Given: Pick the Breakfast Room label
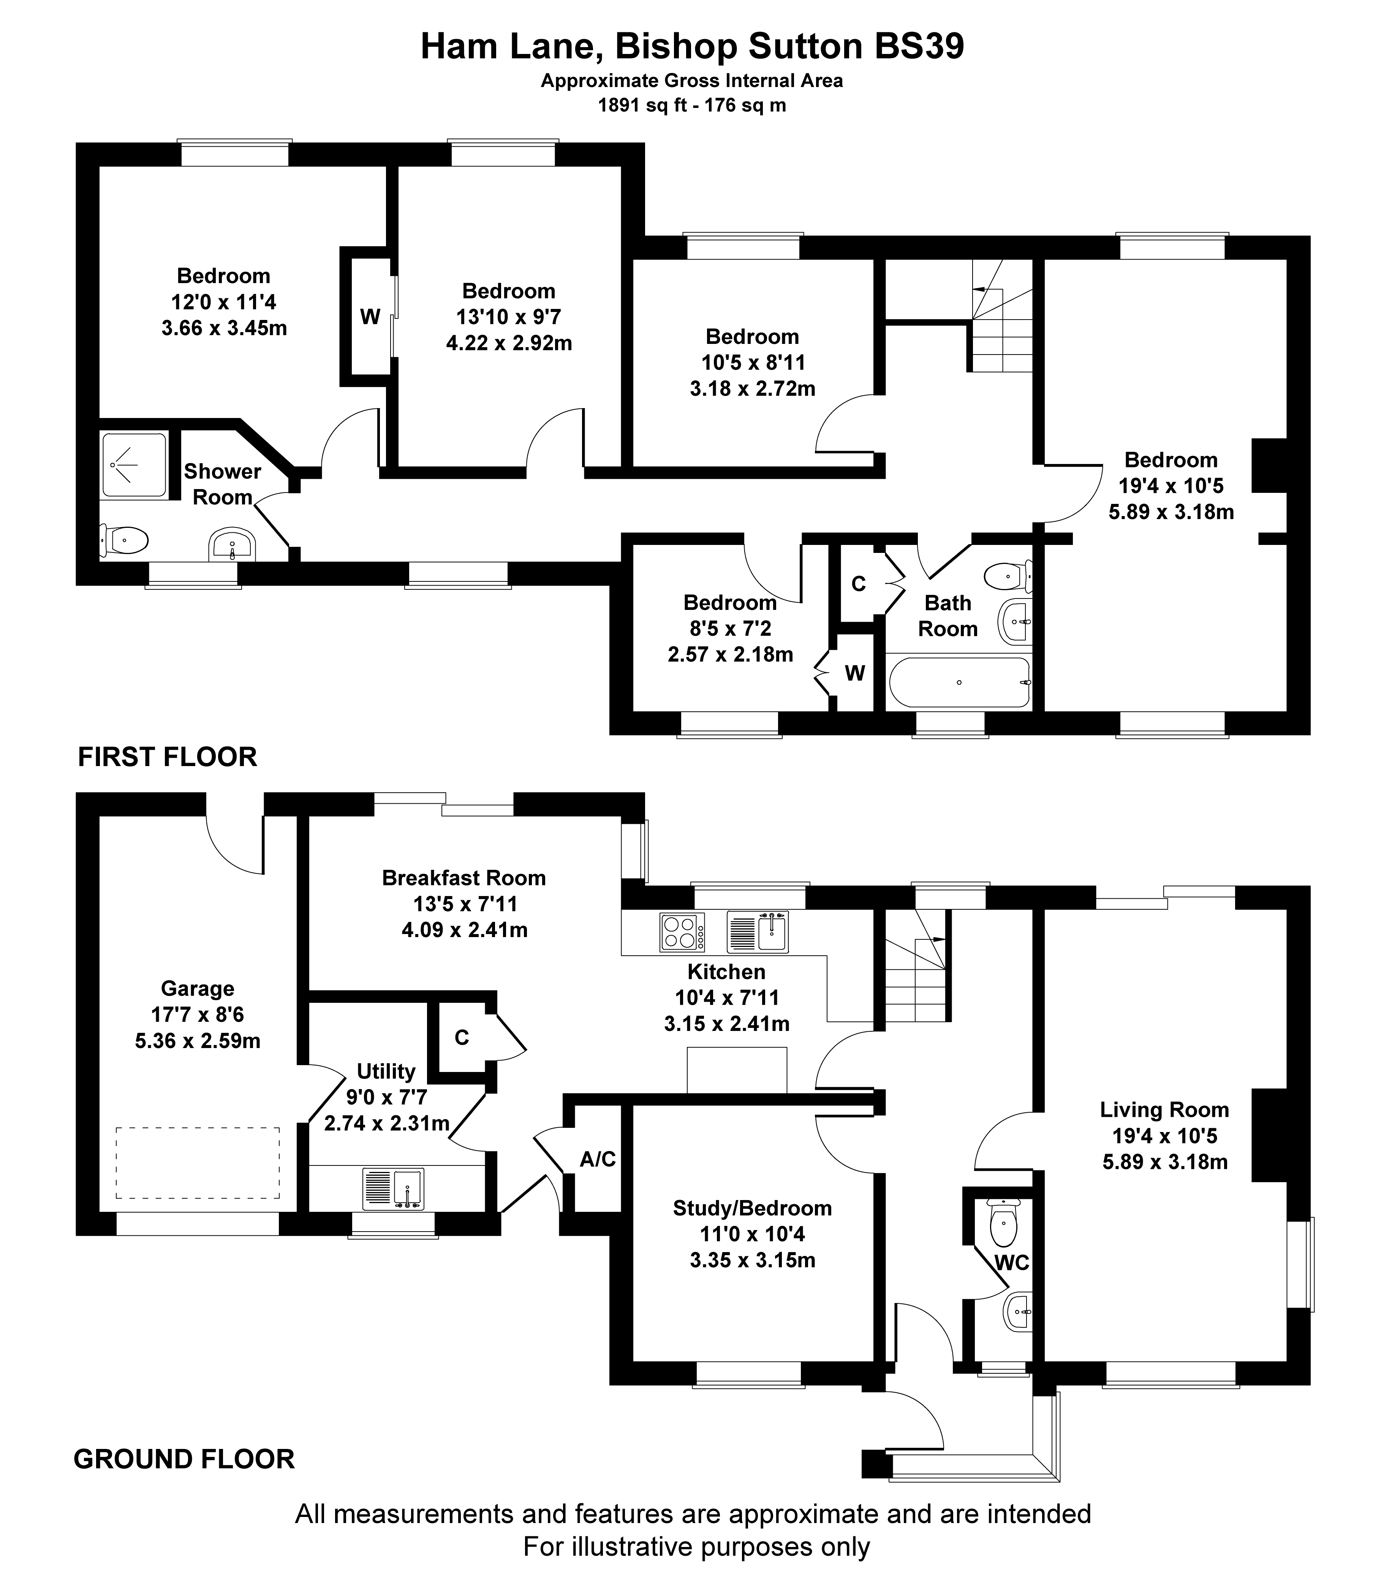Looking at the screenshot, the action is pos(464,878).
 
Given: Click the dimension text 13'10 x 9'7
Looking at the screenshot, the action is pos(509,317).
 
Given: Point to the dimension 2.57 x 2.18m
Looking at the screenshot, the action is pos(730,654).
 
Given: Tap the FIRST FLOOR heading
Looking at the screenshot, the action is pos(167,757).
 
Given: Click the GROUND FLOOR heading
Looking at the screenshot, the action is pos(184,1459).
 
